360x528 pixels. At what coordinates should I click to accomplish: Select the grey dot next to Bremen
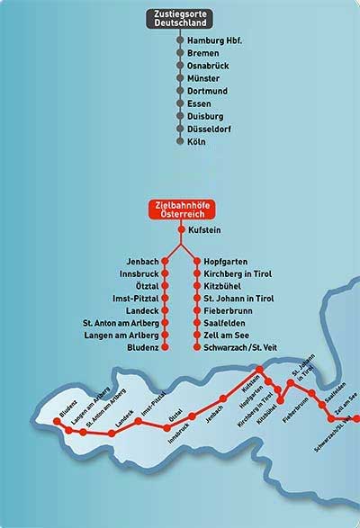pyautogui.click(x=180, y=54)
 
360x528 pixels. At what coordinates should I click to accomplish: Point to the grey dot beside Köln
pyautogui.click(x=180, y=142)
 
